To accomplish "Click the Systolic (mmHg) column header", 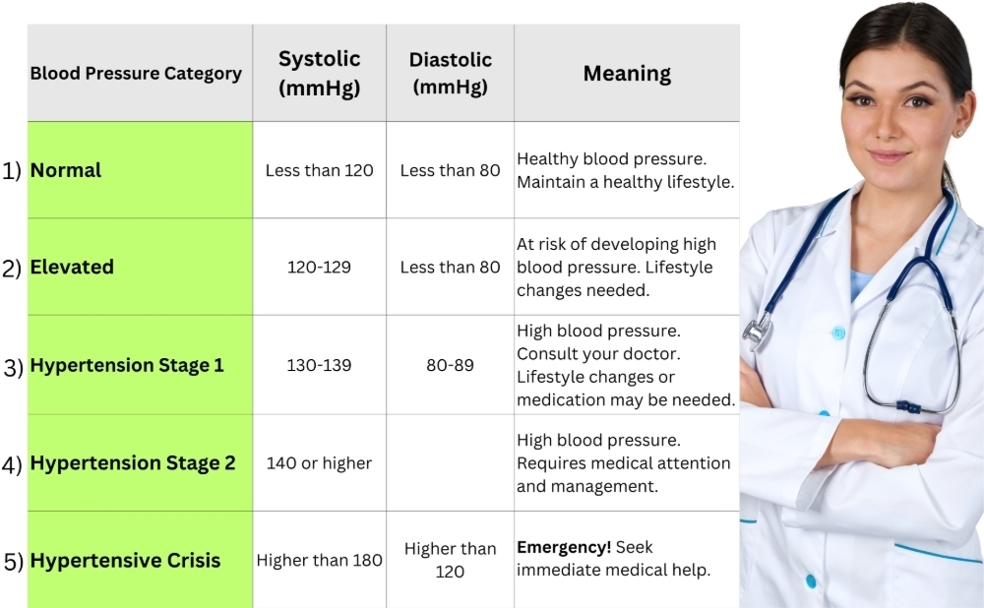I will pos(320,73).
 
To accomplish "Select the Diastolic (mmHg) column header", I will pos(450,73).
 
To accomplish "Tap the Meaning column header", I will pos(627,73).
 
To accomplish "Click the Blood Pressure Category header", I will pos(136,74).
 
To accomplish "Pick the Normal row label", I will pos(66,170).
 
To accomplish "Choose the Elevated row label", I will pos(72,267).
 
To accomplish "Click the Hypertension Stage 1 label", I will pos(127,365).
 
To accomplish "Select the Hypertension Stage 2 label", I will pos(133,462).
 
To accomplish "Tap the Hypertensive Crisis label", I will pos(125,561).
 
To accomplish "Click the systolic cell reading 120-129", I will pos(319,268).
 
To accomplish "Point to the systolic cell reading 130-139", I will pos(319,365).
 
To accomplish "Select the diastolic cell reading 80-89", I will pos(450,365).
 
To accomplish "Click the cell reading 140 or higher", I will pos(319,462).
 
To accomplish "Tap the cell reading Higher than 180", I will pos(319,561).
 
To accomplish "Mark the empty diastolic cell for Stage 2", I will pos(450,462).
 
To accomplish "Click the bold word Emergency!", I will pos(564,548).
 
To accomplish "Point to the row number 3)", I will pos(13,367).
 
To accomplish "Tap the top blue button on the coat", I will pos(838,334).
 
